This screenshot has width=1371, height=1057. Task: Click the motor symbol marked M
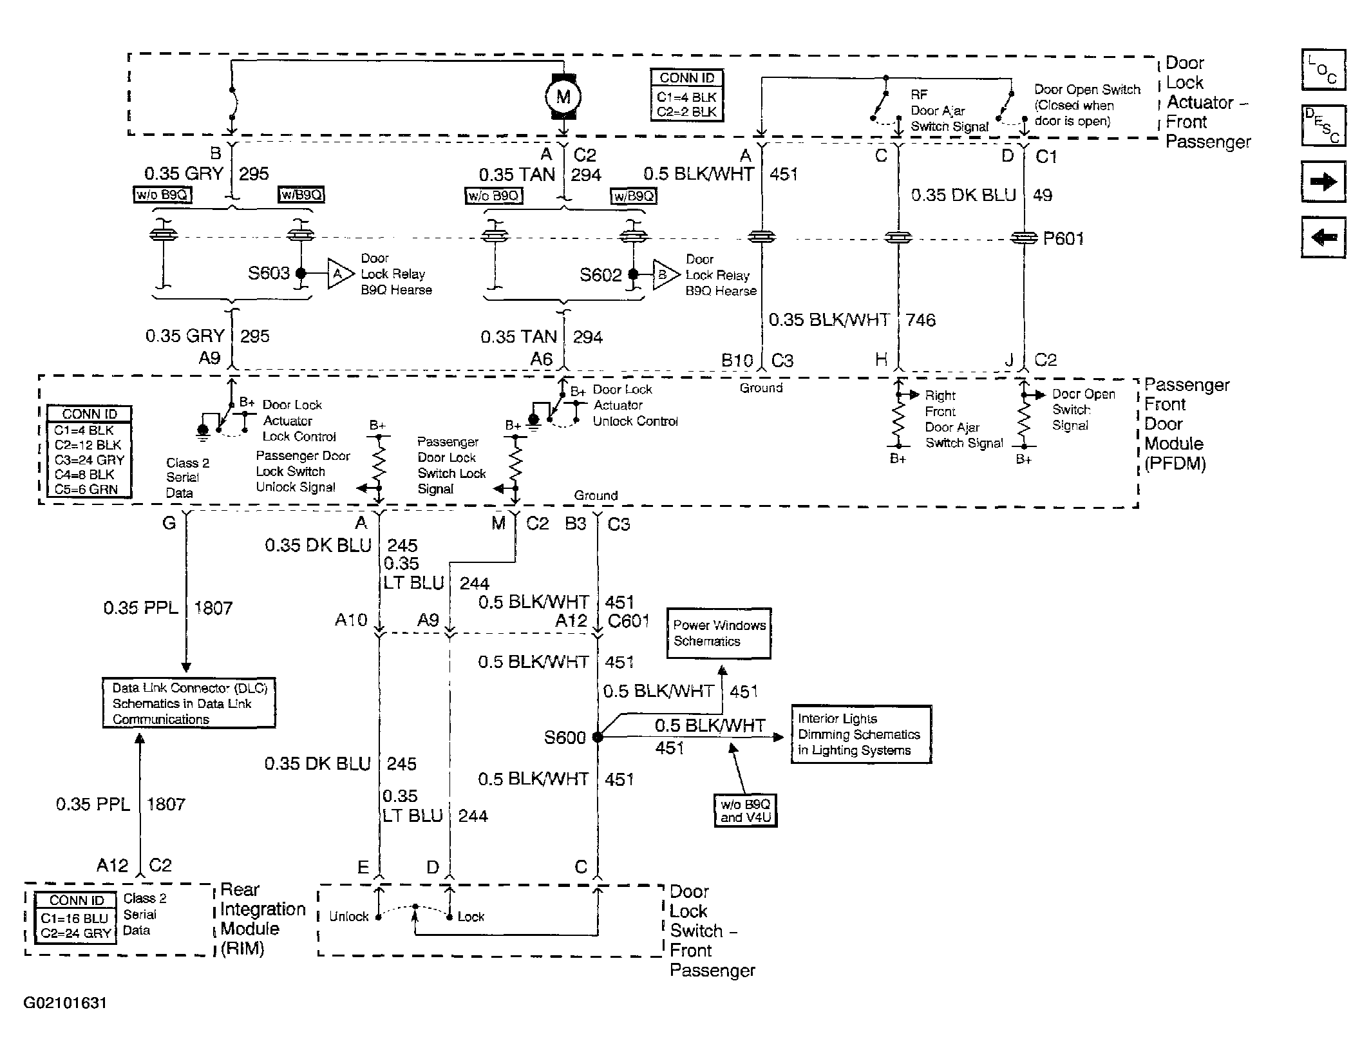(563, 97)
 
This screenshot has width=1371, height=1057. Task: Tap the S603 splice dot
(301, 273)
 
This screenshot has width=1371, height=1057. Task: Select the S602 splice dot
(633, 274)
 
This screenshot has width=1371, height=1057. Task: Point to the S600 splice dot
(598, 737)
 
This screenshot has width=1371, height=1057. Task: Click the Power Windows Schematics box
(719, 633)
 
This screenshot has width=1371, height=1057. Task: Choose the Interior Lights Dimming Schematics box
(862, 734)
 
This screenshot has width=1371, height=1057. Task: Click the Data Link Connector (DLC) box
(189, 703)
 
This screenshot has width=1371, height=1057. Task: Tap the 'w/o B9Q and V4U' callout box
(745, 811)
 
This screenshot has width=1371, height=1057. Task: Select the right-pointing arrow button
(1323, 182)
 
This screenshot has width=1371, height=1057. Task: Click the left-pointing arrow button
(1323, 237)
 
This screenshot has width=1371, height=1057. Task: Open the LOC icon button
(1323, 70)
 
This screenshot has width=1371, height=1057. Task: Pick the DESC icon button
(1323, 125)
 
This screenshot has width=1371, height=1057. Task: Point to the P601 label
(1063, 239)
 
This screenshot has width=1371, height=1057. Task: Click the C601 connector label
(629, 621)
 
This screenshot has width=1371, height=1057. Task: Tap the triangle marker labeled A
(340, 274)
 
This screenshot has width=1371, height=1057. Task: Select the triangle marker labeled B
(665, 275)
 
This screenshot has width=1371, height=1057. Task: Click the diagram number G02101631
(65, 1003)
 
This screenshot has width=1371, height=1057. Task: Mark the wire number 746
(920, 320)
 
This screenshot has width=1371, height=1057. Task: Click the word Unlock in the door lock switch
(349, 917)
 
